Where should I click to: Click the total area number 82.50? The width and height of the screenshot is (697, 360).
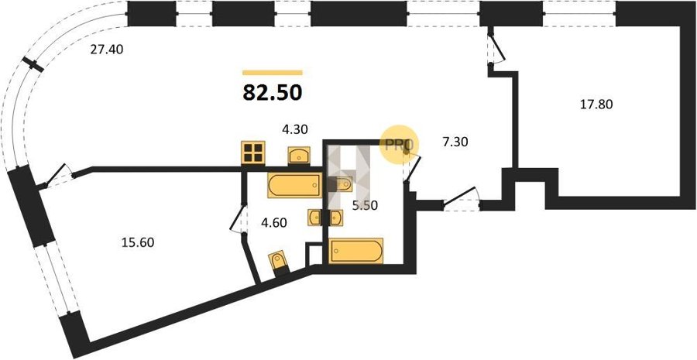pos(273,93)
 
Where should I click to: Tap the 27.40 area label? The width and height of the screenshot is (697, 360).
pos(107,50)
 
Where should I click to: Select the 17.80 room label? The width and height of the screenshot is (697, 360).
pos(596,105)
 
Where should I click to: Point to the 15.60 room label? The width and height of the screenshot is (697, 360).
pos(138,242)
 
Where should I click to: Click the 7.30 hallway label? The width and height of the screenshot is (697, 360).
pos(455,142)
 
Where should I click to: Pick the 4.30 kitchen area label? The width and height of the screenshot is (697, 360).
pos(295,129)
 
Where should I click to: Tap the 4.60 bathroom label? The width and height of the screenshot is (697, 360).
pos(274,222)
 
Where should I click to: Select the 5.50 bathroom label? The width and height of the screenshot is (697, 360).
pos(365,206)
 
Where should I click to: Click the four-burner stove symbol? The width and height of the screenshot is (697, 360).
pos(253,153)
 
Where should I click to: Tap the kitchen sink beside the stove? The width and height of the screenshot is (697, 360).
pos(299,156)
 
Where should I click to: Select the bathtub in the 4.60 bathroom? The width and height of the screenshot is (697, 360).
pos(294,185)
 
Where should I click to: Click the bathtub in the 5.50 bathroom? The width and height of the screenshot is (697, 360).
pos(355,251)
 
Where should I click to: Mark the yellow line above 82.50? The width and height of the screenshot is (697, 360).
pos(273,73)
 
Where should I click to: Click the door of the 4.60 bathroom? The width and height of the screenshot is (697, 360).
pos(239,218)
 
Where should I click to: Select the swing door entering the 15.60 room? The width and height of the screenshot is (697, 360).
pos(57,176)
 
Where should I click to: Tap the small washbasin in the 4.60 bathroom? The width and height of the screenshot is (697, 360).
pos(314,218)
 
